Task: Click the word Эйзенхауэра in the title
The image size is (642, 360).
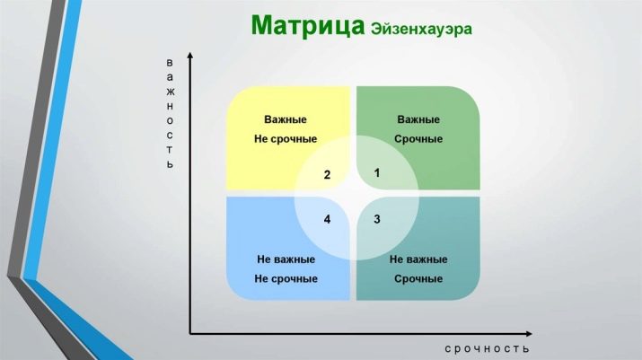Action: pyautogui.click(x=421, y=29)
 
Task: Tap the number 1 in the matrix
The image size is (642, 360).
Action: pyautogui.click(x=377, y=172)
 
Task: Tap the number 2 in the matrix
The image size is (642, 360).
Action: pyautogui.click(x=328, y=175)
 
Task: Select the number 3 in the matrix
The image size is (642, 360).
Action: pyautogui.click(x=377, y=219)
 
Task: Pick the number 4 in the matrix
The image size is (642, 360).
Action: pyautogui.click(x=328, y=219)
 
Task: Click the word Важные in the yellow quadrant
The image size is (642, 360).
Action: pyautogui.click(x=286, y=119)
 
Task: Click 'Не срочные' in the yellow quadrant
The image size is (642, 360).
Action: pyautogui.click(x=286, y=139)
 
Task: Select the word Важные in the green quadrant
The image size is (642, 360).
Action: pyautogui.click(x=418, y=119)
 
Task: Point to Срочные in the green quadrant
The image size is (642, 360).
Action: pyautogui.click(x=418, y=139)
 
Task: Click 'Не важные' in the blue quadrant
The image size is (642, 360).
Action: pyautogui.click(x=286, y=259)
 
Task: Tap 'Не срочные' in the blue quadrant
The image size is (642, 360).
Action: pyautogui.click(x=286, y=278)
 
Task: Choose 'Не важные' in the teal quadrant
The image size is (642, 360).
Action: pyautogui.click(x=418, y=259)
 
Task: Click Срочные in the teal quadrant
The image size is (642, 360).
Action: pyautogui.click(x=418, y=278)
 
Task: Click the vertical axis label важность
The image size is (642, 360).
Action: pyautogui.click(x=170, y=114)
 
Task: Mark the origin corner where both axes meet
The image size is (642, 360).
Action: pyautogui.click(x=190, y=333)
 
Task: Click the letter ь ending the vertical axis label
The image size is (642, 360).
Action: pyautogui.click(x=170, y=165)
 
